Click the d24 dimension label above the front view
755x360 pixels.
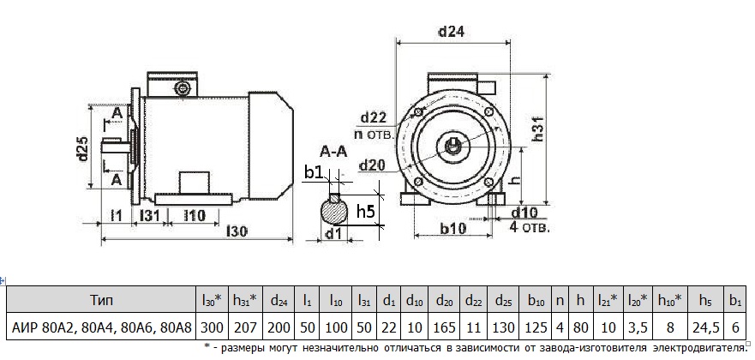tap(451, 33)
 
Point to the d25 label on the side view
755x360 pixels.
tap(81, 152)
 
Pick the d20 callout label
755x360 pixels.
tap(374, 165)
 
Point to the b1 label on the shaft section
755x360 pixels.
tap(315, 173)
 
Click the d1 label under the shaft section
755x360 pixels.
tap(335, 232)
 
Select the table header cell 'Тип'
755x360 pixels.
tap(100, 301)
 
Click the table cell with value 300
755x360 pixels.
tap(213, 327)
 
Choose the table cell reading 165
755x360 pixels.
tap(445, 327)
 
